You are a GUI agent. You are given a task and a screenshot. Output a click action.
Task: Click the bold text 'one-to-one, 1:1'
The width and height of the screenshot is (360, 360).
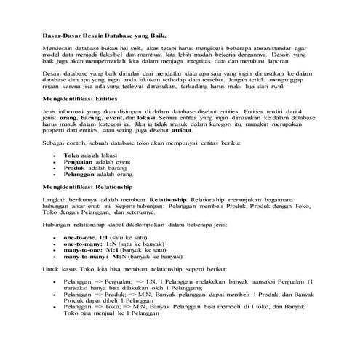tap(86, 238)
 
